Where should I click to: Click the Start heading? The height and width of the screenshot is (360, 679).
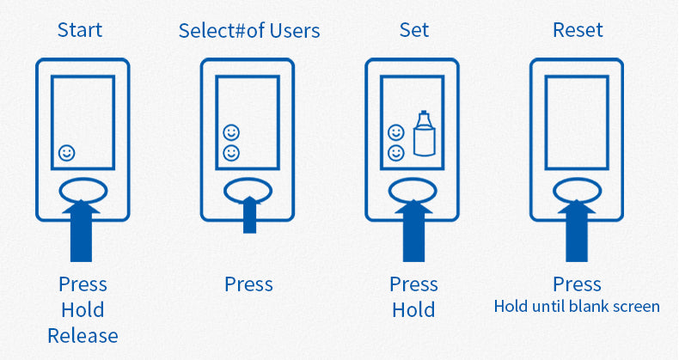80,30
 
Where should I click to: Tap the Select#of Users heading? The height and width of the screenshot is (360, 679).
249,31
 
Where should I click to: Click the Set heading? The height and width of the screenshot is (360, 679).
413,30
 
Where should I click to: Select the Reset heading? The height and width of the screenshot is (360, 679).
578,30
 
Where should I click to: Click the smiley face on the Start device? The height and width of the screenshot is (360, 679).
67,153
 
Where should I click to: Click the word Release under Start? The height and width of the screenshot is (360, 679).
83,335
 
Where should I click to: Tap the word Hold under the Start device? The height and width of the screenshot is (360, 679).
83,309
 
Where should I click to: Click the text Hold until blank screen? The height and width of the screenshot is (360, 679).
577,306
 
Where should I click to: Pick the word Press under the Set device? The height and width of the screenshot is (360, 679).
413,284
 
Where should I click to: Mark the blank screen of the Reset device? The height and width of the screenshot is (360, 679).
578,120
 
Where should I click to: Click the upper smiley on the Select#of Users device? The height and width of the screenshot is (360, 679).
231,133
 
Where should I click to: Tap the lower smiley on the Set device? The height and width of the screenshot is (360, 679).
396,153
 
